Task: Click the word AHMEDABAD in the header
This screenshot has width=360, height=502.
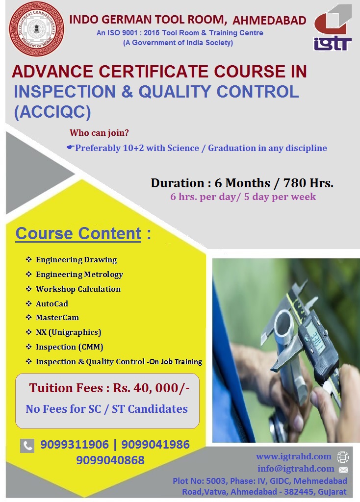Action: (x=269, y=20)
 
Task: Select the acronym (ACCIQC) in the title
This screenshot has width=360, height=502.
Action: (x=52, y=112)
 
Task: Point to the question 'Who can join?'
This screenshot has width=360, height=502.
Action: (x=99, y=132)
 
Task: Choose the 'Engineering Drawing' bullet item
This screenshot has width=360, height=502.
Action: (x=76, y=260)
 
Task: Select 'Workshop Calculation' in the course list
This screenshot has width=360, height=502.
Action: (x=78, y=289)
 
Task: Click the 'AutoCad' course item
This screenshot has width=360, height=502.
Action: (x=52, y=303)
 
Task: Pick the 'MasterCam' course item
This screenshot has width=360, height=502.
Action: (x=57, y=318)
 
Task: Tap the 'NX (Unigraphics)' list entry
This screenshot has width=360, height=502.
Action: (x=69, y=332)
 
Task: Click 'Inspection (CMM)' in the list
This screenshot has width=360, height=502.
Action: (x=70, y=347)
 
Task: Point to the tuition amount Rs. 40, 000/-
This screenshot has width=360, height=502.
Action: (x=151, y=388)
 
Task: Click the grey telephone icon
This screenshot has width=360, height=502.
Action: (x=27, y=446)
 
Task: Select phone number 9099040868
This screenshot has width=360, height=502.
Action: (x=110, y=460)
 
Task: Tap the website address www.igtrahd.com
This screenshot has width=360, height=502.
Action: (x=294, y=456)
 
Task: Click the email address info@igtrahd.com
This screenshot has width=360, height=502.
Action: (x=296, y=469)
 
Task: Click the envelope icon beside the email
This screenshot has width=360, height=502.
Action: (x=343, y=470)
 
